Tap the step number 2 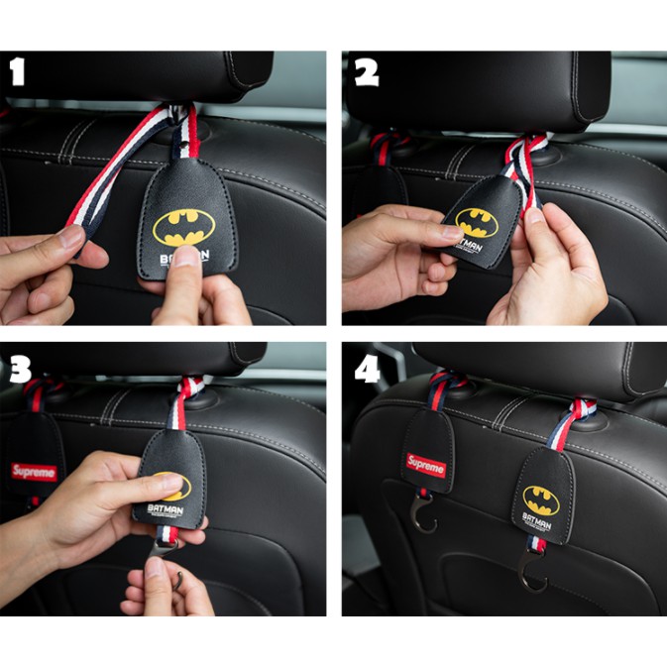pos(366,72)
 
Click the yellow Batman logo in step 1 pos(183,227)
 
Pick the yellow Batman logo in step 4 pos(541,499)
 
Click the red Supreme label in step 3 pos(34,472)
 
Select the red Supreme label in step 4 pos(426,465)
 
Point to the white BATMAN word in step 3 pos(165,507)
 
